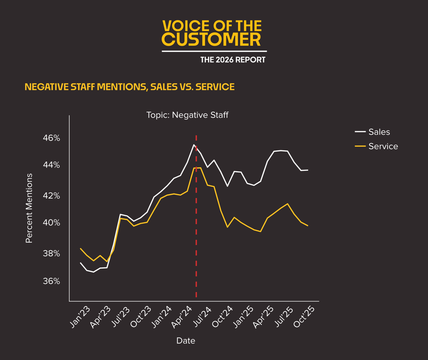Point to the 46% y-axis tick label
pyautogui.click(x=51, y=138)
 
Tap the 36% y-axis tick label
pyautogui.click(x=51, y=281)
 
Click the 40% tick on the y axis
pyautogui.click(x=51, y=223)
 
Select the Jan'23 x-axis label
pyautogui.click(x=81, y=317)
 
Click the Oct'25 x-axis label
pyautogui.click(x=305, y=317)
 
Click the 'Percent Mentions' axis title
pyautogui.click(x=29, y=208)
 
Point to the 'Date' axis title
pyautogui.click(x=186, y=341)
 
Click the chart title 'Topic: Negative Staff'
pyautogui.click(x=187, y=115)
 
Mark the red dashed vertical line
pyautogui.click(x=196, y=229)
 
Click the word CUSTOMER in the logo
pyautogui.click(x=211, y=40)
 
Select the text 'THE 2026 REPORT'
pyautogui.click(x=233, y=60)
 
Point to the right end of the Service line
pyautogui.click(x=308, y=226)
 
